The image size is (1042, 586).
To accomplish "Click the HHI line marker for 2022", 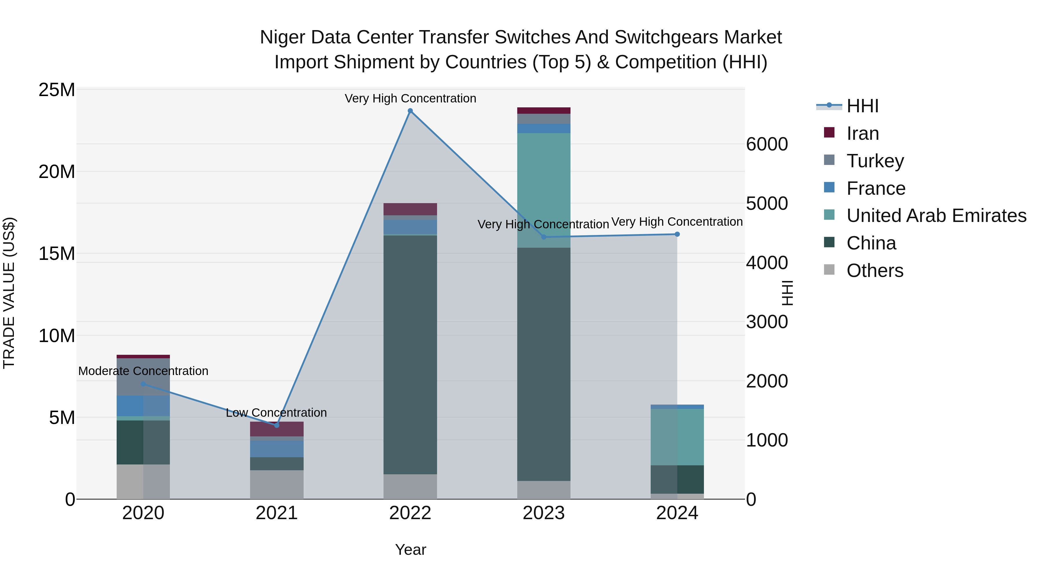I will tap(410, 111).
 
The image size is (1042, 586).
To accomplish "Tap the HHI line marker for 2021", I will tap(277, 425).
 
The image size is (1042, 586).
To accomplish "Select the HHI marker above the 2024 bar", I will tap(677, 234).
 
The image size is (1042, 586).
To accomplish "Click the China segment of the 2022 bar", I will tap(410, 355).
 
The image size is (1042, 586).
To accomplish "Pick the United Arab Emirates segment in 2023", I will tap(544, 190).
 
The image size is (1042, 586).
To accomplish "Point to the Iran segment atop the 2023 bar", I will tap(544, 111).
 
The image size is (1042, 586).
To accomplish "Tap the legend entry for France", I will tap(876, 188).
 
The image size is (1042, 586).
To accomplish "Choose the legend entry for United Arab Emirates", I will tap(936, 216).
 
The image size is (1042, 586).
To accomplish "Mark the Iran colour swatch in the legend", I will tap(829, 133).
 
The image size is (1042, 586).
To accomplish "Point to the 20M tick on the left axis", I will tap(57, 172).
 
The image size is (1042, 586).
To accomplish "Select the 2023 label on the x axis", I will tap(544, 513).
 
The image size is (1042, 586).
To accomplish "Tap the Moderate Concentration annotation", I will tap(143, 371).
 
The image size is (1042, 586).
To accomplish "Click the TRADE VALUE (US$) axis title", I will tap(9, 293).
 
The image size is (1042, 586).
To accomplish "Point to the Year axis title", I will tap(410, 550).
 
